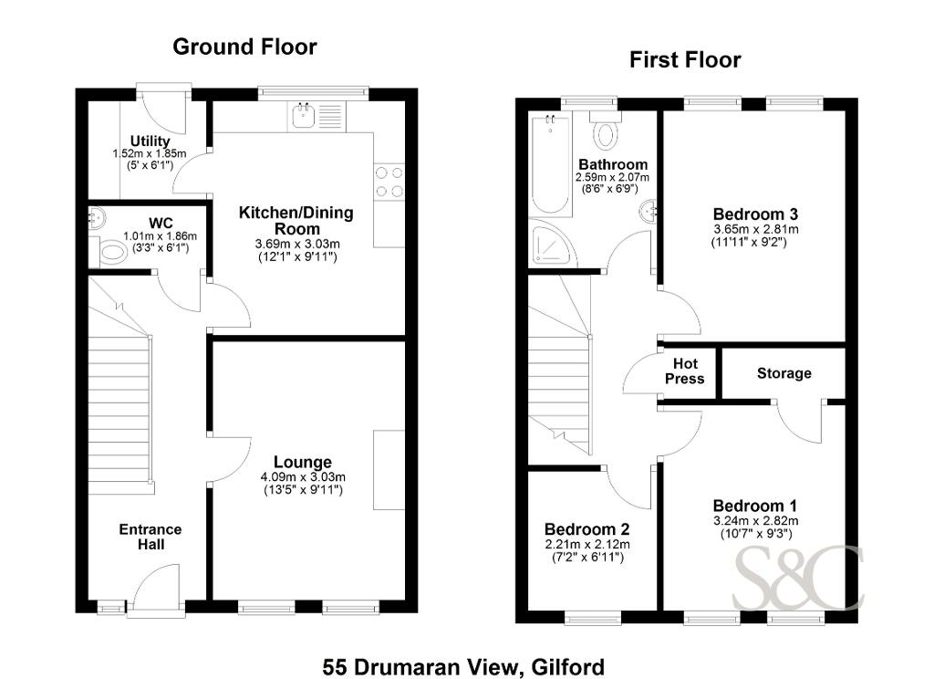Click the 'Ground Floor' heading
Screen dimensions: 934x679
244,47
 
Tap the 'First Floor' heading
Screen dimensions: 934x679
685,59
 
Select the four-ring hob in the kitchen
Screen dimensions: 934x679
389,183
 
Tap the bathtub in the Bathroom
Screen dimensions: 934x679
551,164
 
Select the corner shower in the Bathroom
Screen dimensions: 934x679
554,244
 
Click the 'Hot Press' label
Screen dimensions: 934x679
685,371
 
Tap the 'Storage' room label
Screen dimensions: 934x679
784,374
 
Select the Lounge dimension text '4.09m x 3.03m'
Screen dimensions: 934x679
303,477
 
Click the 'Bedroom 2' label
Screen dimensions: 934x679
586,529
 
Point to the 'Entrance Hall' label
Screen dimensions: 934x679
150,537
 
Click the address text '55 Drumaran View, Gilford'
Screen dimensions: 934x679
463,666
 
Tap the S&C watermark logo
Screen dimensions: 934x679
797,579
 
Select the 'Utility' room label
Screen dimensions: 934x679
150,141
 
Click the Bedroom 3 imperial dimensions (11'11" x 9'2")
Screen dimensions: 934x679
749,242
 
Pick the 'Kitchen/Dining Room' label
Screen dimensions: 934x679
296,221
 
